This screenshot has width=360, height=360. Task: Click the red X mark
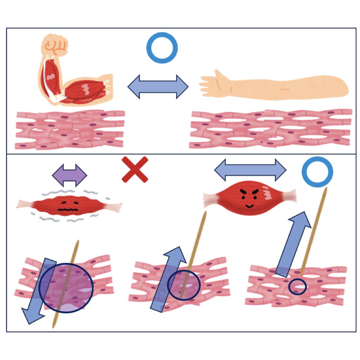coord(135,169)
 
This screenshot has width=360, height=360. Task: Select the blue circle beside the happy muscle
coord(317,172)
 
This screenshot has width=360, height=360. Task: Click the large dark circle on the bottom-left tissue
coord(66,288)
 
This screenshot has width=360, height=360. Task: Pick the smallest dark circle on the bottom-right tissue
coord(297,287)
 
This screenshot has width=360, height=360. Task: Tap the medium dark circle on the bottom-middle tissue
coord(184,285)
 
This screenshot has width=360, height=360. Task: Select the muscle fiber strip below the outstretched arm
coord(271,129)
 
